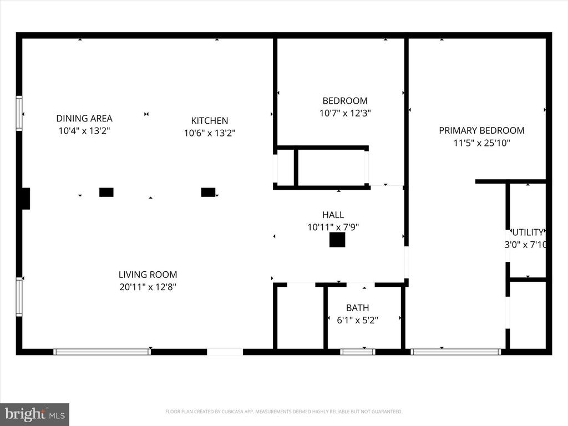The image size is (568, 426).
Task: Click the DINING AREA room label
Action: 84,118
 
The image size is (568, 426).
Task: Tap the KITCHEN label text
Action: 209,120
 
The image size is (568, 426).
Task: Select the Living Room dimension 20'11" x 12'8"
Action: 148,287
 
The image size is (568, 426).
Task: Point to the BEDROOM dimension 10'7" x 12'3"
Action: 344,113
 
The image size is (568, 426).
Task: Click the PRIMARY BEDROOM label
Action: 481,130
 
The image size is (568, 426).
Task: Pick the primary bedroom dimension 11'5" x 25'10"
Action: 481,143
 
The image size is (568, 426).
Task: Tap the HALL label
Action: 333,215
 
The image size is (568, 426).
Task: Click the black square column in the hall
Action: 337,240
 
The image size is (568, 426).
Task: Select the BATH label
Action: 357,308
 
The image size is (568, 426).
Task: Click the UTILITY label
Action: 529,232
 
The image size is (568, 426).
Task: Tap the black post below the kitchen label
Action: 208,192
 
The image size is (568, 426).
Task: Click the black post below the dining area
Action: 106,192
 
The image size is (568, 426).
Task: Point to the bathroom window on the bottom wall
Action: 357,352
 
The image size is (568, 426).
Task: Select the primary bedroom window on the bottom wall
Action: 456,352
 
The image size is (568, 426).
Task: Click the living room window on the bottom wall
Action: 102,352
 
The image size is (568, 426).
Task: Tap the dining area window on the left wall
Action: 19,113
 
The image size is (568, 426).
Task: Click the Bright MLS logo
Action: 34,414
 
